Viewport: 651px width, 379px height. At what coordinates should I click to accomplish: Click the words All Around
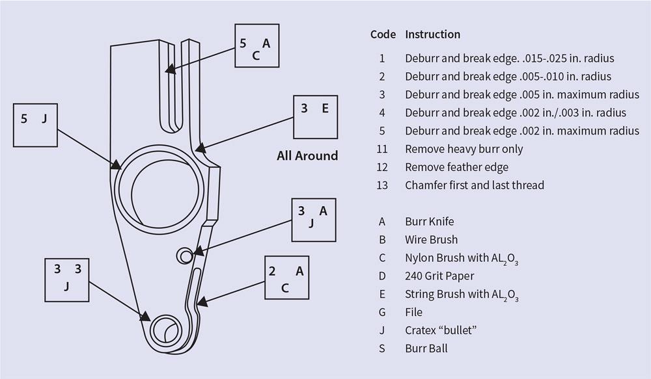[307, 155]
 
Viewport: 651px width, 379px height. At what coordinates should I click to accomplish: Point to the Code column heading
[383, 34]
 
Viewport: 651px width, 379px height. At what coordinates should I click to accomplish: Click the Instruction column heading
[433, 34]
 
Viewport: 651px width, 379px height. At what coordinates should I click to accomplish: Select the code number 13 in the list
[382, 185]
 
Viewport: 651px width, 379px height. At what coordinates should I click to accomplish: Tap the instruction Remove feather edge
[457, 167]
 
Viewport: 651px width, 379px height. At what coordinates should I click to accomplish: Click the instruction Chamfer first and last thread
[475, 185]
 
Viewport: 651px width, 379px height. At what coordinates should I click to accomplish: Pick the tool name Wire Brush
[432, 240]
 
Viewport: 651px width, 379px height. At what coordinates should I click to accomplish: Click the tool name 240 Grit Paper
[439, 276]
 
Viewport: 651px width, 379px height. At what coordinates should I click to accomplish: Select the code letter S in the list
[382, 348]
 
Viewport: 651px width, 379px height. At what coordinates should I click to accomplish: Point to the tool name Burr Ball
[426, 348]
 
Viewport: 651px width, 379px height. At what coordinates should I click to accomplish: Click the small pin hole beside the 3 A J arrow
[184, 256]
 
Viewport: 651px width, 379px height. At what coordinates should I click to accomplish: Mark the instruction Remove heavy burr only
[464, 149]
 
